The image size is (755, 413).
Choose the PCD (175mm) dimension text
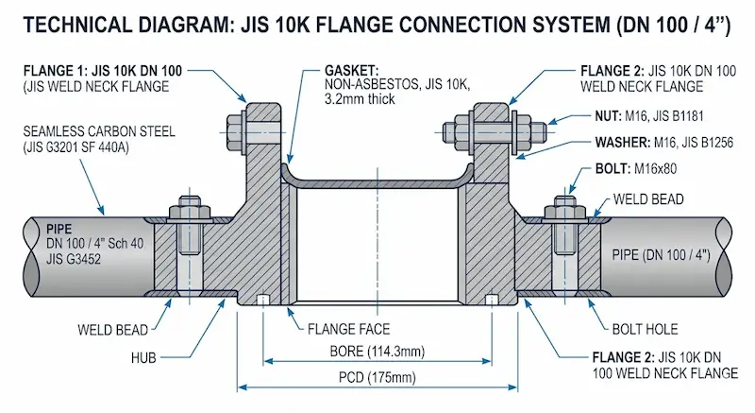pyautogui.click(x=377, y=377)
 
